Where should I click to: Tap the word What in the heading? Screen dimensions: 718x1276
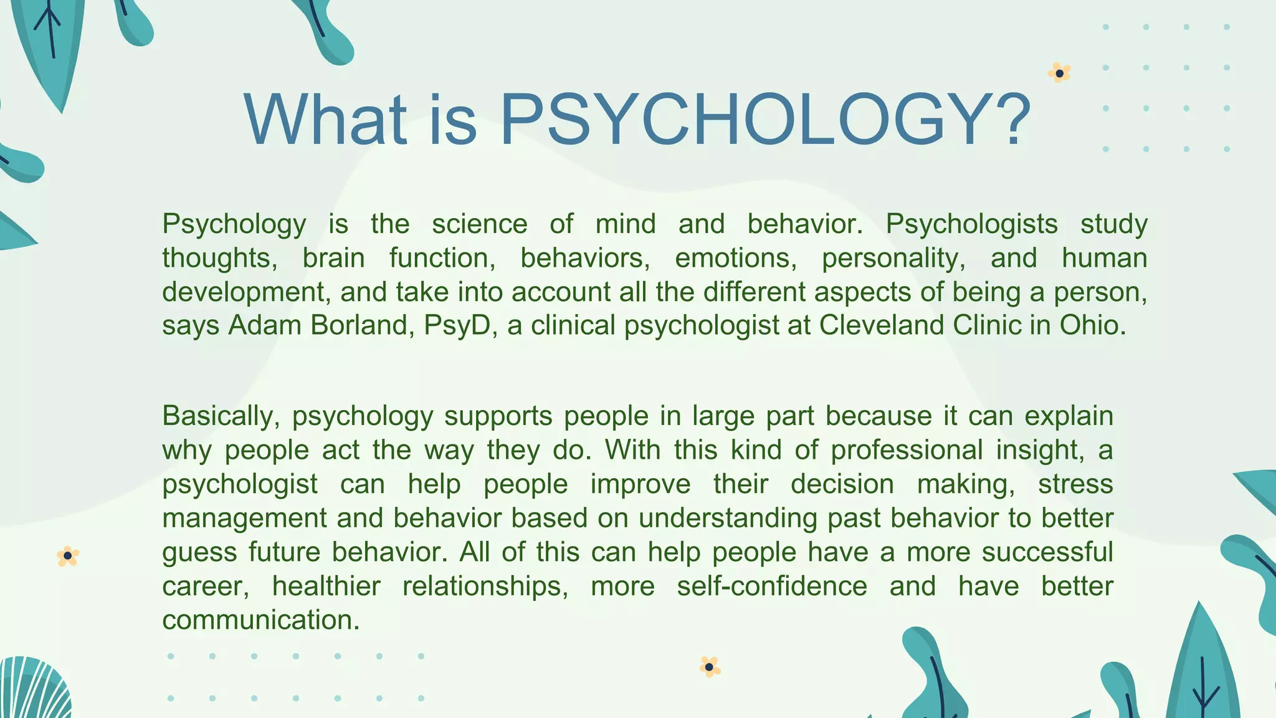pos(325,120)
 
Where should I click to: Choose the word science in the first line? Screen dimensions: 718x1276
pos(479,224)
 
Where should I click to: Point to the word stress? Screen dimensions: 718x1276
pos(1075,484)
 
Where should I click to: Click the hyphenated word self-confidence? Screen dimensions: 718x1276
pos(772,586)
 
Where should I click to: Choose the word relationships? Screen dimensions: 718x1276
pos(485,586)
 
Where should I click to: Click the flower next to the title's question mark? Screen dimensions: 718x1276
pos(1059,74)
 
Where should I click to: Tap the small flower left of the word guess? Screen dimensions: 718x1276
pos(67,556)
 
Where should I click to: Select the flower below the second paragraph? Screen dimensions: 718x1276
pos(709,667)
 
